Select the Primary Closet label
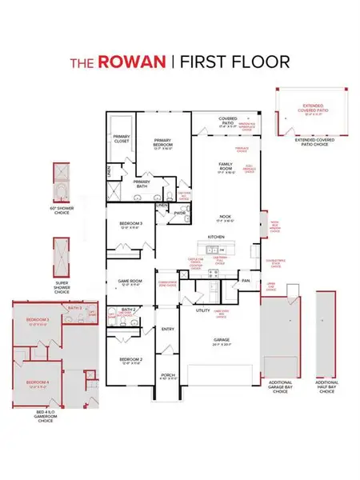[122, 139]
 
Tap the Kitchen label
[216, 238]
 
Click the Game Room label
[130, 281]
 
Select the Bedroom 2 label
[130, 360]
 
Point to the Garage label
[222, 339]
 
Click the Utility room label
[202, 310]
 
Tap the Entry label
[168, 328]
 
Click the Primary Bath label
[142, 182]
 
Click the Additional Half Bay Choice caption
[326, 387]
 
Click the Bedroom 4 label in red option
[37, 382]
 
